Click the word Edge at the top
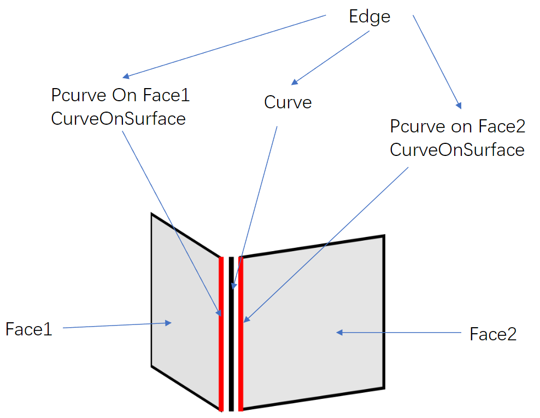pos(369,16)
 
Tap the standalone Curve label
pos(287,102)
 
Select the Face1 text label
pos(28,329)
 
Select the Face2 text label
pos(492,334)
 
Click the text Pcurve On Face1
pos(120,95)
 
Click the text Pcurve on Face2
pos(457,126)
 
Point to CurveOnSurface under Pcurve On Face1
pos(118,118)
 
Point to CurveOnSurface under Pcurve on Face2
pos(457,149)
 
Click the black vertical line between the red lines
pos(231,356)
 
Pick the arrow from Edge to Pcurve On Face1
pos(224,46)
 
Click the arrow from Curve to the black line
pos(257,202)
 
